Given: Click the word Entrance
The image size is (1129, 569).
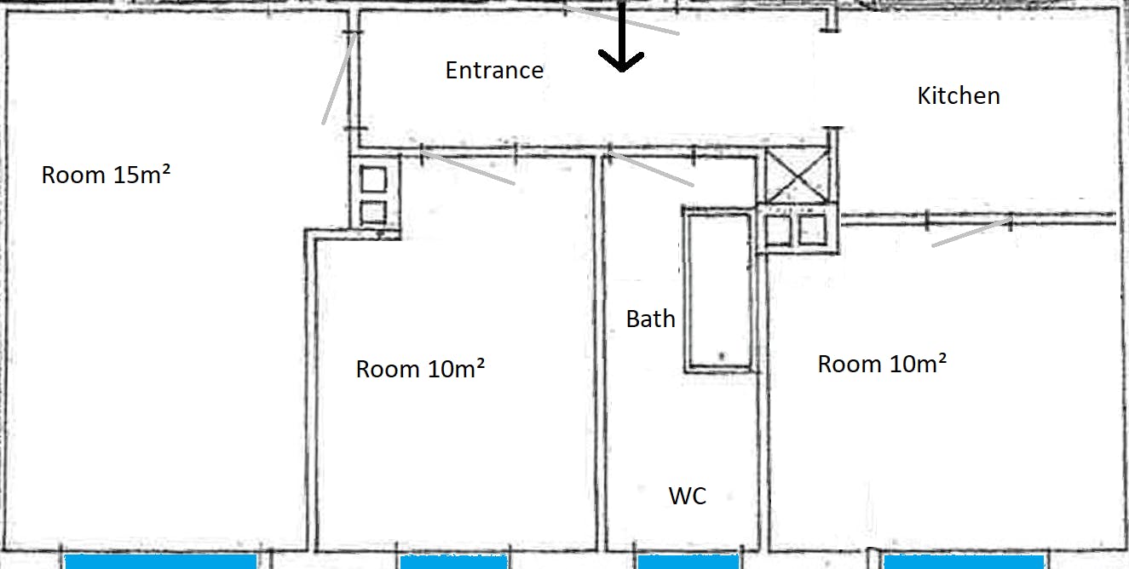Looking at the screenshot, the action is pos(494,70).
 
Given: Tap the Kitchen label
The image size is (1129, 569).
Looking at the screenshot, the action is pos(959,95).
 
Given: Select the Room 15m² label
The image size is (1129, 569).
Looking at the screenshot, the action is pos(106,175).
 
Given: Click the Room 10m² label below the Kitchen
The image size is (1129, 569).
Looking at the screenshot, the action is pos(882,364).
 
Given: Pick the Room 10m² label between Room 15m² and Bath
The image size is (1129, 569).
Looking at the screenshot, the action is pos(420,369).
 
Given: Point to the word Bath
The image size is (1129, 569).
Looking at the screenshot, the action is pos(651,319).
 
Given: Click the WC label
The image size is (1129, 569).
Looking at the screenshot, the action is pos(688,496).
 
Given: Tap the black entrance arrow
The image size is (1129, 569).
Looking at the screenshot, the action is pos(621,37).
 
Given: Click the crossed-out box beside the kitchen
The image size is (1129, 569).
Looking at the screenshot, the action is pos(797,175).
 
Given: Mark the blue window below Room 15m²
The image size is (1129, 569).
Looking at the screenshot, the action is pos(161,561).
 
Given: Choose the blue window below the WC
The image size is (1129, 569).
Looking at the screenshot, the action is pos(688,562).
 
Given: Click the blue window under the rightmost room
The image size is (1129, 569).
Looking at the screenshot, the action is pos(965,562).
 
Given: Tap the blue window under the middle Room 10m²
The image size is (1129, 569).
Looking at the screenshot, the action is pos(453,562).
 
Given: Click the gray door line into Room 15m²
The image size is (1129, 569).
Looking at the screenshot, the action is pos(340,78).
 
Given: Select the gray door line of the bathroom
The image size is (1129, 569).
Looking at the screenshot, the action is pos(651,168).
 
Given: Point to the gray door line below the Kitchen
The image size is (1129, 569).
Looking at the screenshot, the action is pos(971,233).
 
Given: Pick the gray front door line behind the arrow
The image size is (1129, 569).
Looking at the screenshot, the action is pos(621,20).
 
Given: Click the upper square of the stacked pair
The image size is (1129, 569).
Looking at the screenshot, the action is pos(373,179).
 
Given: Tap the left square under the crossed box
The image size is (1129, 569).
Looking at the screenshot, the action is pos(778,230).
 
